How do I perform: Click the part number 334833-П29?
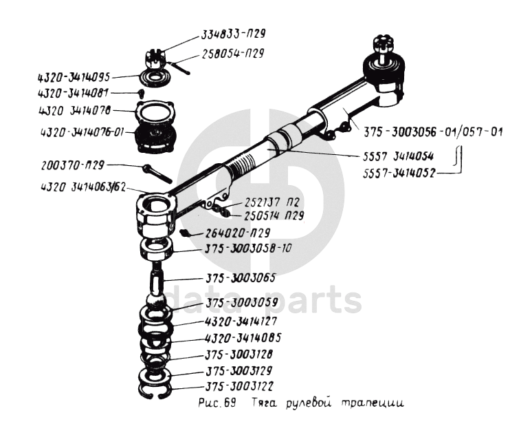click(x=233, y=34)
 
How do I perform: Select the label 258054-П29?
click(x=233, y=54)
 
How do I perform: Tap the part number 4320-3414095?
click(x=74, y=78)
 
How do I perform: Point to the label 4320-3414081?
click(x=73, y=94)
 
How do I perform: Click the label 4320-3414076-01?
click(x=82, y=132)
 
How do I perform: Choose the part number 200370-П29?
click(x=73, y=165)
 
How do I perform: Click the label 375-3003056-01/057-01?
click(x=433, y=131)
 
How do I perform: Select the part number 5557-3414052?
click(x=399, y=173)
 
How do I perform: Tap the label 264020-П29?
click(x=238, y=233)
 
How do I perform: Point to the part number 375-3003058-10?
click(x=248, y=249)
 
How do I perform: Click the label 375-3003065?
click(x=241, y=278)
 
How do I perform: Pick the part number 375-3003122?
click(x=239, y=387)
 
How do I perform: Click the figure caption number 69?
click(x=230, y=403)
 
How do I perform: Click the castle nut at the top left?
click(x=155, y=59)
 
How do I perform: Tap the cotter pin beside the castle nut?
click(x=179, y=67)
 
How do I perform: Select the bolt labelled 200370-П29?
click(x=157, y=173)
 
